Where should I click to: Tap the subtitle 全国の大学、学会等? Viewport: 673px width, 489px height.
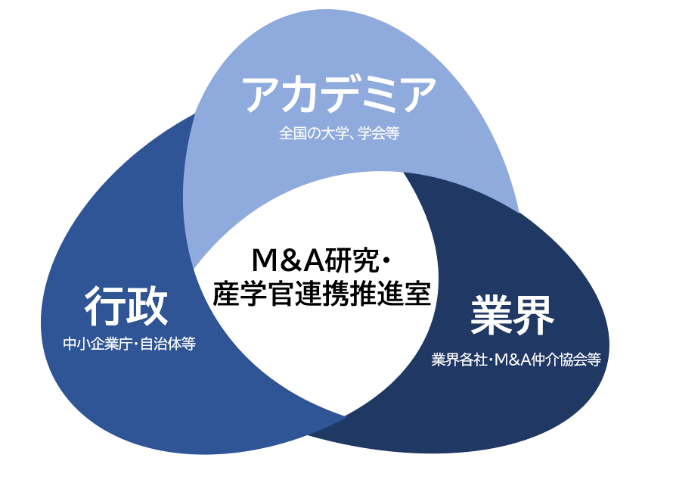click(x=339, y=134)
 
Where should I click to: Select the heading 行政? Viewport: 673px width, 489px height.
click(x=126, y=307)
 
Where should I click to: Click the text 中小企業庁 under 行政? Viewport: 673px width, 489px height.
click(x=98, y=344)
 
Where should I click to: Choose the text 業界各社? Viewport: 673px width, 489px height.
click(x=458, y=360)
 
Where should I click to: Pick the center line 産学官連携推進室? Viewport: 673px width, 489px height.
click(x=322, y=294)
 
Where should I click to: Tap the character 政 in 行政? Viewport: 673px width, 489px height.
click(x=147, y=307)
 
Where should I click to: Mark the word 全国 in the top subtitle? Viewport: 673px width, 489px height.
click(x=291, y=134)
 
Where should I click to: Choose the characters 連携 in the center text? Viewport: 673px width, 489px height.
click(x=322, y=294)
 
